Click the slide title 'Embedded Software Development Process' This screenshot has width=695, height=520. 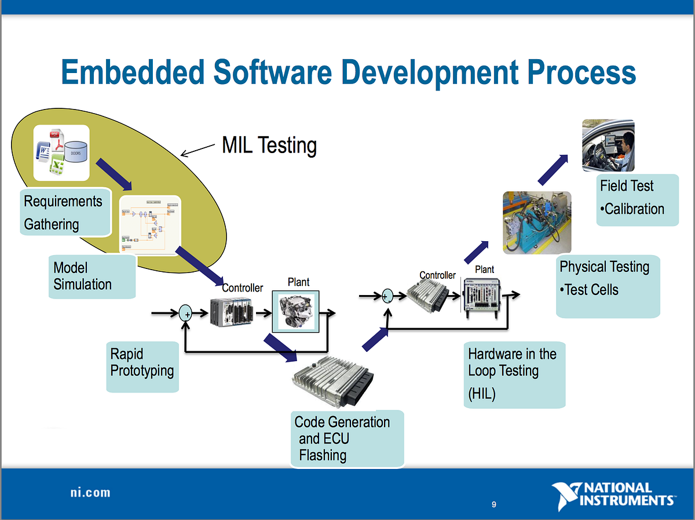click(x=348, y=74)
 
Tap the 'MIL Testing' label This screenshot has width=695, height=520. click(x=269, y=146)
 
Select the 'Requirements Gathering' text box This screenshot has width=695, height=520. click(x=64, y=212)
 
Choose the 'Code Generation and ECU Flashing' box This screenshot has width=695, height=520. click(x=346, y=438)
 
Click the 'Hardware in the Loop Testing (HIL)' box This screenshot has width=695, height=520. click(x=514, y=374)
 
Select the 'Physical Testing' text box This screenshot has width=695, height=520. click(x=608, y=285)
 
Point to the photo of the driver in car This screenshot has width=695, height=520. click(x=608, y=145)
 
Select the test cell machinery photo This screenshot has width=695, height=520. click(x=536, y=223)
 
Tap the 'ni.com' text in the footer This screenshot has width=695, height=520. click(x=87, y=493)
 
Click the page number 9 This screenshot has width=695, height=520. click(x=493, y=504)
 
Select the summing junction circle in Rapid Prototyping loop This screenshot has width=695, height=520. click(x=186, y=314)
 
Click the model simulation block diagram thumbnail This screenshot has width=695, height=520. click(x=150, y=224)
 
